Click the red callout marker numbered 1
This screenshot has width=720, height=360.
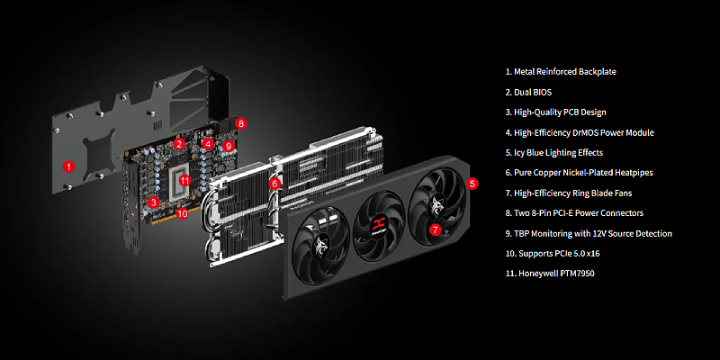[x=68, y=166]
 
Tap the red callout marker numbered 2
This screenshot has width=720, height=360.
[x=179, y=144]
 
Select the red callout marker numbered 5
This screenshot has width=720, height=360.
[x=472, y=184]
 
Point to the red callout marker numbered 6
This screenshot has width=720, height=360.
[x=275, y=184]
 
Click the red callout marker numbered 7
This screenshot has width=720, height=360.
[x=435, y=229]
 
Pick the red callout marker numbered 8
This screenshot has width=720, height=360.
[x=241, y=123]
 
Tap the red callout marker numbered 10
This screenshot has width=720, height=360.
[x=183, y=213]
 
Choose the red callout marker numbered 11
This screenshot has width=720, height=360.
[x=184, y=180]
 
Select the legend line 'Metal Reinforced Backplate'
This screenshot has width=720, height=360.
[x=561, y=72]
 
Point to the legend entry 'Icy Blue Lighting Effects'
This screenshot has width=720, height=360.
[x=554, y=152]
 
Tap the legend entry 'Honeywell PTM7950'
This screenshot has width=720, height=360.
[x=550, y=274]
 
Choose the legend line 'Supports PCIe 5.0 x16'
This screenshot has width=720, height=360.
[x=554, y=254]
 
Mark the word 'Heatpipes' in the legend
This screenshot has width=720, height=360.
[x=635, y=173]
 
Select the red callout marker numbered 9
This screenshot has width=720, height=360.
[x=229, y=146]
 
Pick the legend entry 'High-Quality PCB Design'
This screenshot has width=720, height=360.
[x=555, y=112]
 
